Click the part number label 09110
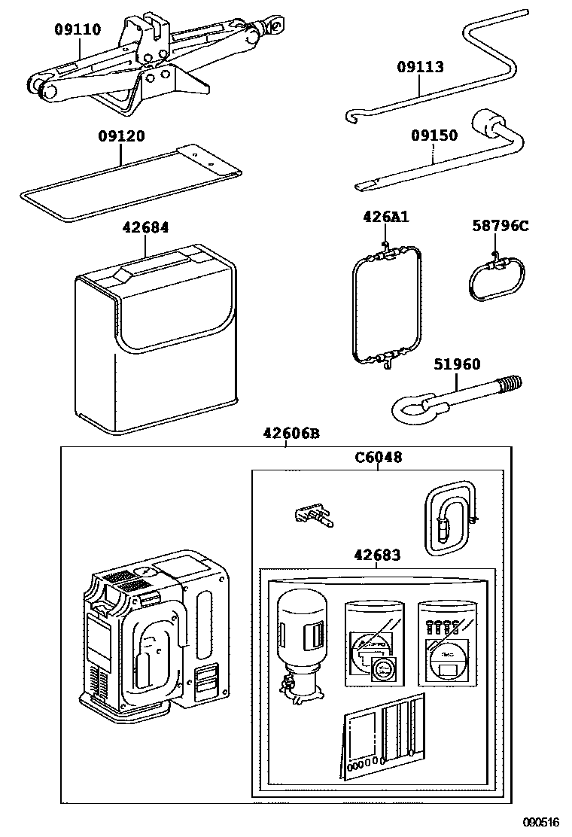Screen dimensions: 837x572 [x=77, y=29]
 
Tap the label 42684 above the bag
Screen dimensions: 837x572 [x=146, y=227]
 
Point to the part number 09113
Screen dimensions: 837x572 [x=420, y=67]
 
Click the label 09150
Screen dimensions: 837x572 [x=434, y=136]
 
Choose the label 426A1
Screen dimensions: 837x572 [x=385, y=218]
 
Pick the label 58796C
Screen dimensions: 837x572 [x=500, y=225]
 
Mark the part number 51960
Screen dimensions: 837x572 [x=457, y=364]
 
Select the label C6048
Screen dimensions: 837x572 [x=378, y=457]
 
